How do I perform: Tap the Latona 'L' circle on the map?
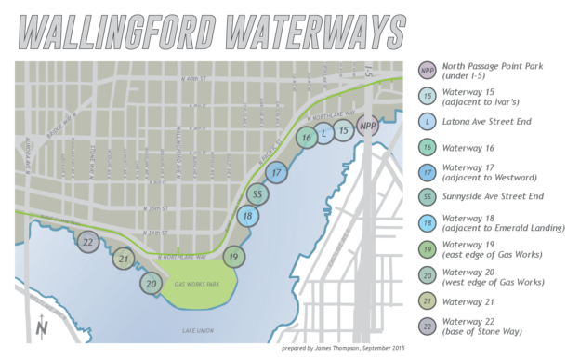click(x=324, y=134)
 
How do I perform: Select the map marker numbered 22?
click(x=88, y=243)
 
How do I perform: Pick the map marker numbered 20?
click(x=151, y=283)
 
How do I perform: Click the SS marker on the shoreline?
click(x=259, y=194)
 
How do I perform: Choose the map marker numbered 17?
click(x=276, y=172)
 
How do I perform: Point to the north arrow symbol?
click(x=41, y=327)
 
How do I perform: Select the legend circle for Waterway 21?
click(x=427, y=300)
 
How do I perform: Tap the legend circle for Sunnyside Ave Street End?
click(x=427, y=196)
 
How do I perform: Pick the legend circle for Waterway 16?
click(x=427, y=146)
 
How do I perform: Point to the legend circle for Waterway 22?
click(x=427, y=327)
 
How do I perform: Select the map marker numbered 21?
click(x=123, y=259)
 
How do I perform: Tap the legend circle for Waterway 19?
click(x=427, y=248)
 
